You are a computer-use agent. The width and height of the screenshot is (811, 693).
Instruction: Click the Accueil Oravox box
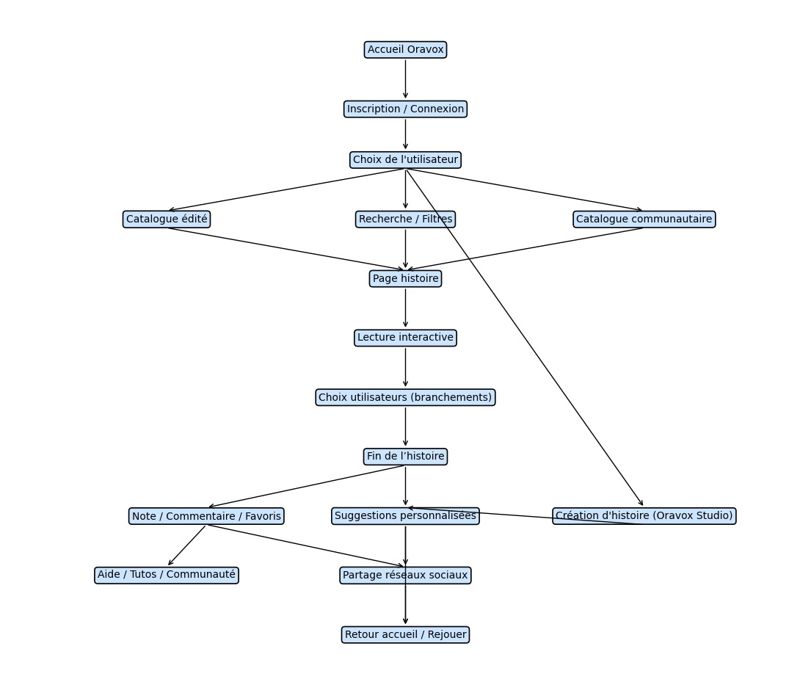(x=405, y=50)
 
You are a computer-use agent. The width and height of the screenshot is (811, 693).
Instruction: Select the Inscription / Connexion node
(x=405, y=109)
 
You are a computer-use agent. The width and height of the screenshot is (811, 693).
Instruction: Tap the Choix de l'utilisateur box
(x=405, y=160)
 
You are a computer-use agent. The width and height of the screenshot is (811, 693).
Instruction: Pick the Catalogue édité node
(x=167, y=219)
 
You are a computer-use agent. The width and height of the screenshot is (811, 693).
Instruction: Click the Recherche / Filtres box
(x=405, y=219)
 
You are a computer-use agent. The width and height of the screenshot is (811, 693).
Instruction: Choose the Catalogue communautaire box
(x=644, y=219)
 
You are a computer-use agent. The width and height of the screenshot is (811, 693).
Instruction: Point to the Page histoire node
(x=405, y=279)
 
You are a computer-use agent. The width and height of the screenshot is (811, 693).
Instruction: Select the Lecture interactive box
(x=405, y=338)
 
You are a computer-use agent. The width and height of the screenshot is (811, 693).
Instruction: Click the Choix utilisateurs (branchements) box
(x=405, y=397)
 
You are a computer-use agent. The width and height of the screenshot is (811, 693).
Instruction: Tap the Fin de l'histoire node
(x=405, y=457)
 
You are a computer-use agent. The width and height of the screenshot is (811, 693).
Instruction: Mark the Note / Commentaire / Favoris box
(x=206, y=516)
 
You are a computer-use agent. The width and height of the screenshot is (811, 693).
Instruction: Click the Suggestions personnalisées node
(x=405, y=516)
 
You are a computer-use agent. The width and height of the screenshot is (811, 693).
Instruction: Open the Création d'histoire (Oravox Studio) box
(x=644, y=516)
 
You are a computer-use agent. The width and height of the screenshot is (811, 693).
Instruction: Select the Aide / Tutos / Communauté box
(x=167, y=575)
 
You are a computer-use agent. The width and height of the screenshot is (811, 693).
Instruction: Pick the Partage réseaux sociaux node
(x=405, y=576)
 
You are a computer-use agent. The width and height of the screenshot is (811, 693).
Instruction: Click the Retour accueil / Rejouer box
(x=405, y=635)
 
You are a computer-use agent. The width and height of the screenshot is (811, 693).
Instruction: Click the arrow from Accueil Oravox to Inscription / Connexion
(x=405, y=79)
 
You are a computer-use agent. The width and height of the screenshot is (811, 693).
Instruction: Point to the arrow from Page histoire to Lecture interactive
(x=405, y=308)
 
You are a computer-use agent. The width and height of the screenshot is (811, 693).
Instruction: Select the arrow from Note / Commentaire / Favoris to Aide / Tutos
(x=187, y=545)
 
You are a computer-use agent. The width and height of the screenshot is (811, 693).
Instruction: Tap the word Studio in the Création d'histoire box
(x=711, y=516)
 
